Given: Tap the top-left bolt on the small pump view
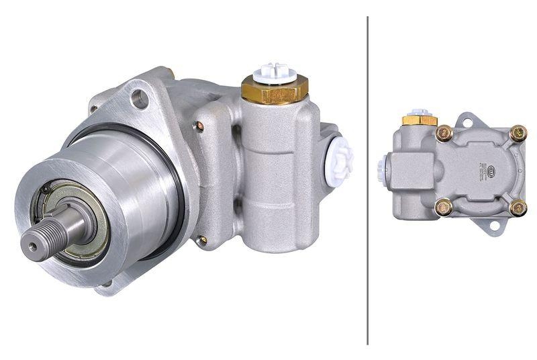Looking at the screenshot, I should coord(443,134).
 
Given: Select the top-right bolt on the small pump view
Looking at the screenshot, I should coord(517,134).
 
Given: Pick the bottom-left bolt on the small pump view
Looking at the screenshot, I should coord(443,208).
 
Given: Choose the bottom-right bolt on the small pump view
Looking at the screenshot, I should coord(517,208).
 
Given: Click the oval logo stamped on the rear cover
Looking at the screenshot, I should coord(493,169).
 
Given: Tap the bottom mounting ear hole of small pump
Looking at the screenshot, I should coord(494,224).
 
